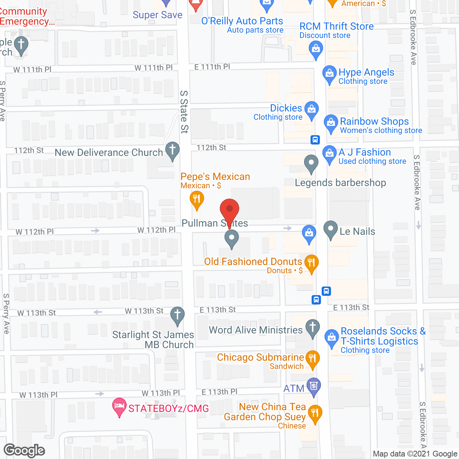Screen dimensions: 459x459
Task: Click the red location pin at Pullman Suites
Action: pyautogui.click(x=229, y=209)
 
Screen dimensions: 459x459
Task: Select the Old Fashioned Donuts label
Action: pyautogui.click(x=253, y=262)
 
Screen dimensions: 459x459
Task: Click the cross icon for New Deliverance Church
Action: pyautogui.click(x=172, y=149)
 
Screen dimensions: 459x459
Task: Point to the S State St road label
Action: pyautogui.click(x=184, y=112)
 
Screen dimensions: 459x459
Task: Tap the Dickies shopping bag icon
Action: pyautogui.click(x=311, y=108)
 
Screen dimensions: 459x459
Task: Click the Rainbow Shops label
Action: pyautogui.click(x=374, y=122)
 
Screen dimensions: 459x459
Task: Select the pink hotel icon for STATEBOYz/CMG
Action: pyautogui.click(x=119, y=406)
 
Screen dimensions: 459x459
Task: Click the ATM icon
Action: pyautogui.click(x=314, y=386)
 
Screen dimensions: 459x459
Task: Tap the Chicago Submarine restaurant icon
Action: pyautogui.click(x=312, y=358)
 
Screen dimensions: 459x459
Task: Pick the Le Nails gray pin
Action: pyautogui.click(x=331, y=228)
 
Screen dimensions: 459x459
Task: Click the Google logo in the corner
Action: pyautogui.click(x=24, y=450)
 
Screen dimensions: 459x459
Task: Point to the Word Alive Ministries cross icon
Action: pyautogui.click(x=313, y=327)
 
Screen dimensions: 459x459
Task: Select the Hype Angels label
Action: pyautogui.click(x=366, y=72)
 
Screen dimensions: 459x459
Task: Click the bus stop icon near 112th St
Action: pyautogui.click(x=315, y=139)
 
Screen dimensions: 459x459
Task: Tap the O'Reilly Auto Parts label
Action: pyautogui.click(x=242, y=21)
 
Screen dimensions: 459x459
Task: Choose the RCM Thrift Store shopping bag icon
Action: pyautogui.click(x=316, y=48)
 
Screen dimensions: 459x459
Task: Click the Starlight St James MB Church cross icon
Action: pyautogui.click(x=178, y=314)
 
